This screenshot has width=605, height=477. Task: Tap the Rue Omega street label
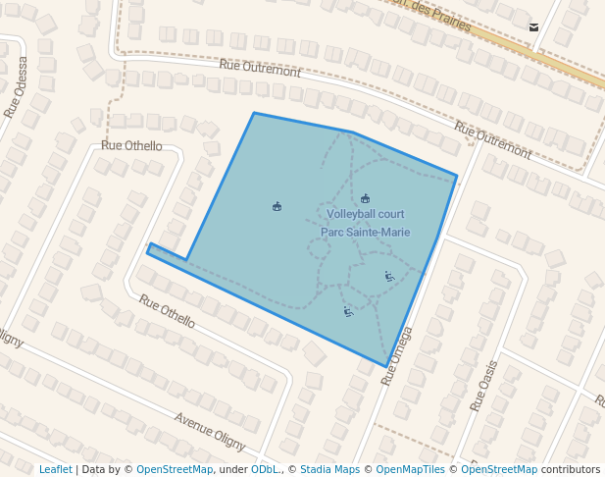[397, 354]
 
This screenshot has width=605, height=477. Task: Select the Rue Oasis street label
[483, 386]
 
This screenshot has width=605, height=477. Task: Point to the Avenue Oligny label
[210, 431]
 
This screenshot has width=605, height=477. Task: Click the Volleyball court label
[366, 214]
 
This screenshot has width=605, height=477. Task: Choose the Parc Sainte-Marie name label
[366, 233]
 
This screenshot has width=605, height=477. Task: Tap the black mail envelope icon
[533, 27]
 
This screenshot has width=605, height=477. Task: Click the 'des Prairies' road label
[432, 15]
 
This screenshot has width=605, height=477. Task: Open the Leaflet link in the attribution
[55, 470]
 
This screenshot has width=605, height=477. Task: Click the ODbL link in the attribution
[265, 470]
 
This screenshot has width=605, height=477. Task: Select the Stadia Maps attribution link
[329, 470]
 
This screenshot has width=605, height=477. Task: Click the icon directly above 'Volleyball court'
[366, 198]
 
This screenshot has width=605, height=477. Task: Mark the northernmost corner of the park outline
[254, 114]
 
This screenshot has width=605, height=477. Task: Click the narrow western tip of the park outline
[149, 248]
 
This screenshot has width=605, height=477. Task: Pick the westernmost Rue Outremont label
[260, 71]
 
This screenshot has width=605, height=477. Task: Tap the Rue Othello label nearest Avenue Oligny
[167, 311]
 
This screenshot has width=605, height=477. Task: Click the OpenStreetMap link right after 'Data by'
[175, 470]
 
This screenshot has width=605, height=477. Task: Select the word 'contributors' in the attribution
[571, 470]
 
